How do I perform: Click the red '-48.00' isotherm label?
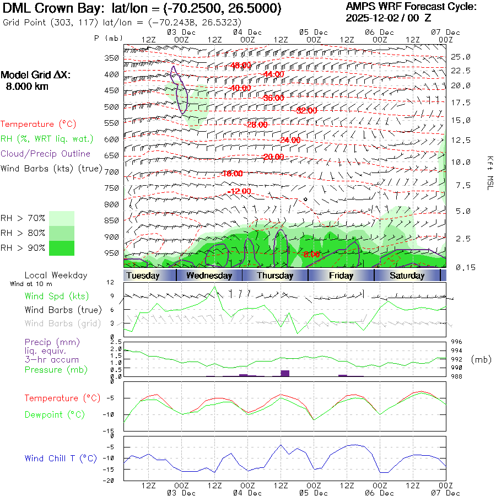point(241,65)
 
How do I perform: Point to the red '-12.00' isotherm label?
point(240,191)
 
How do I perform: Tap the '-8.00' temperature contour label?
point(310,254)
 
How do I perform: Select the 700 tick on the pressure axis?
point(112,172)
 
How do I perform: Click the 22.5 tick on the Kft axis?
point(461,71)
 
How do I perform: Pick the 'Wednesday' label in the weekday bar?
point(209,276)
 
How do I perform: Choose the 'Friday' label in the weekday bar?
point(341,276)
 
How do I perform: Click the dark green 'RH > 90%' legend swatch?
point(62,248)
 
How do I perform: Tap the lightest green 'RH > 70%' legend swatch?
point(62,218)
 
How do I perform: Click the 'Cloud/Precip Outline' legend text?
point(45,154)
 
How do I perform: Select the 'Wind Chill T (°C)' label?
point(61,458)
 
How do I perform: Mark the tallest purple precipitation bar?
point(285,373)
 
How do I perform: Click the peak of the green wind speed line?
point(215,287)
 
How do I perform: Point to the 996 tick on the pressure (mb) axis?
point(461,342)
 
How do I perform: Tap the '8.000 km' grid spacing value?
point(26,87)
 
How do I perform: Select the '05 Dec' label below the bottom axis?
point(314,493)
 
